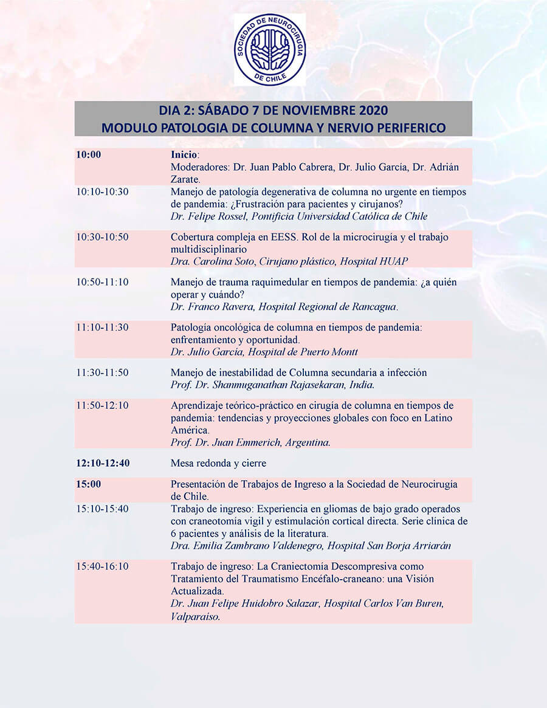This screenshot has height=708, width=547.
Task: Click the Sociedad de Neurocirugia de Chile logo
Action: [x=270, y=50]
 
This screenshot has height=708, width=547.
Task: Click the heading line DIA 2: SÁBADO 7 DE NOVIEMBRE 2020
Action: [x=273, y=111]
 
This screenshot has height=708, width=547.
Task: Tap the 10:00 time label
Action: [x=89, y=155]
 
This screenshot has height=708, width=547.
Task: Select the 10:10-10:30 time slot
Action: [x=102, y=192]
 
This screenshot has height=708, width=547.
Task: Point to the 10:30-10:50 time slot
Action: [x=102, y=237]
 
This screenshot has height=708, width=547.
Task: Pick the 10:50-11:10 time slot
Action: [x=102, y=283]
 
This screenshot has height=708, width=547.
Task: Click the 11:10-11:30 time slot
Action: [x=102, y=328]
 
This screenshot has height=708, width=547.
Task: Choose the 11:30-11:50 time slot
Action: [x=102, y=373]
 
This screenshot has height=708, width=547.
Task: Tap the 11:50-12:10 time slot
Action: [x=102, y=405]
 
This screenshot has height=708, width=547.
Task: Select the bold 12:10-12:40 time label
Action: [x=103, y=463]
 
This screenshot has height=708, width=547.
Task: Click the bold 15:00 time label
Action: [x=89, y=484]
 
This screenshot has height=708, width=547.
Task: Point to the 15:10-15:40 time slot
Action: [x=102, y=509]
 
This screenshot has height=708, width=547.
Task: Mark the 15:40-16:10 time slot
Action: [x=102, y=566]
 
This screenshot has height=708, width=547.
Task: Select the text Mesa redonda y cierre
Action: [x=218, y=463]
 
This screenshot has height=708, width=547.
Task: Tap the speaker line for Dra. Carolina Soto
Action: [x=289, y=261]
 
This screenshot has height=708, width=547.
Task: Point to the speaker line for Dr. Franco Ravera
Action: [x=284, y=307]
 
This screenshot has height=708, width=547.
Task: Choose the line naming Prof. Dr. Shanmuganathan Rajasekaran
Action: [x=273, y=385]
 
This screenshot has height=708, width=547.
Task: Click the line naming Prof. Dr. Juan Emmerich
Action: [x=250, y=442]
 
